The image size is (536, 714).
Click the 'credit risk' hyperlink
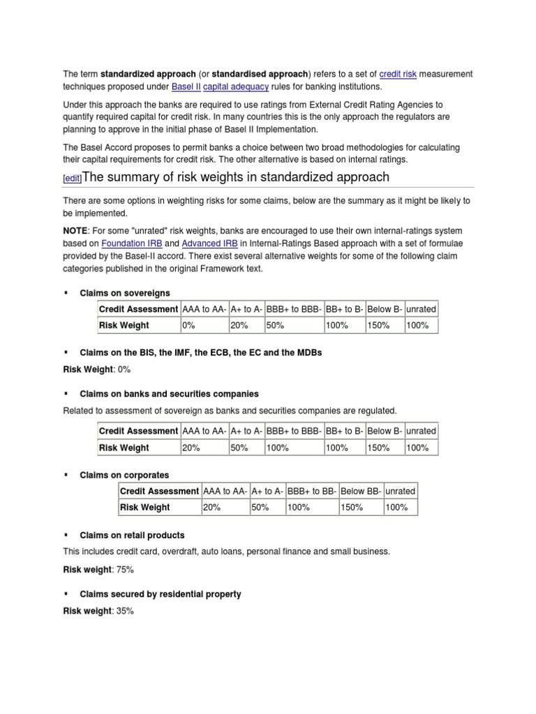click(398, 74)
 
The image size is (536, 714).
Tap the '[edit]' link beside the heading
click(72, 178)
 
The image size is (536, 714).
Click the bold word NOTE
click(75, 230)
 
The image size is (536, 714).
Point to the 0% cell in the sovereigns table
click(188, 325)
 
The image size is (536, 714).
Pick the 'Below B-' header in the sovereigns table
click(385, 309)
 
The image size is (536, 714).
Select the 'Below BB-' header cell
click(361, 491)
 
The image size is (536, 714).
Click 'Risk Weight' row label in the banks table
click(124, 448)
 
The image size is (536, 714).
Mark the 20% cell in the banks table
click(191, 448)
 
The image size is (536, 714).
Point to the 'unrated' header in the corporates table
click(400, 491)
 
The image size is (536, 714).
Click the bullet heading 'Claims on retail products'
click(132, 535)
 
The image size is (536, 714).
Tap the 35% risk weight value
click(124, 611)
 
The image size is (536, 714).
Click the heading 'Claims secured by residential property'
click(161, 594)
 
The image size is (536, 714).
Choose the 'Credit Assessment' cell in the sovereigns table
click(138, 309)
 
